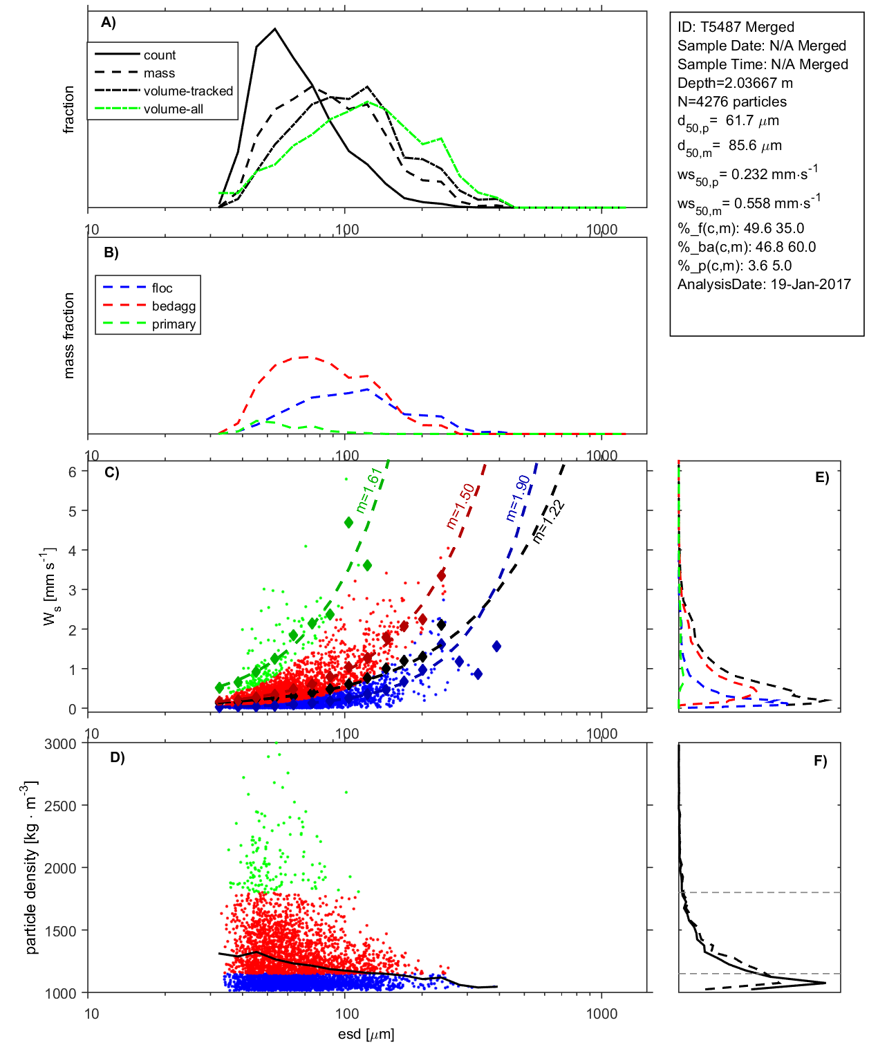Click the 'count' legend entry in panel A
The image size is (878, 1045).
[159, 55]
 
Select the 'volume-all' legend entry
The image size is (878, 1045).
[173, 109]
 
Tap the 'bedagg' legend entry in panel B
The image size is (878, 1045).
[174, 306]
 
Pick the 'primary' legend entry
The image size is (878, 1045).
[174, 324]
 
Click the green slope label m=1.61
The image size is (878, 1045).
[368, 490]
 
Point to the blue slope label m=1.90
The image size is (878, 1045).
[518, 498]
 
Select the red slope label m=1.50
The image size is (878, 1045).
[460, 507]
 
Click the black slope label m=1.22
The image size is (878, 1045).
[549, 521]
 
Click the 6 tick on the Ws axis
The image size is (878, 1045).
[72, 472]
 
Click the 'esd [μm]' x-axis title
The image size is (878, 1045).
[366, 1035]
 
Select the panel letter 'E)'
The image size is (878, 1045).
[821, 477]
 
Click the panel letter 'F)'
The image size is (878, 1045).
[820, 761]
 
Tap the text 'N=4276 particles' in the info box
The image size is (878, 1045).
[731, 102]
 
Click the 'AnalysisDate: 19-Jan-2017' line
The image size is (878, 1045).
[764, 284]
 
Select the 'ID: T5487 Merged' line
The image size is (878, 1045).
[736, 27]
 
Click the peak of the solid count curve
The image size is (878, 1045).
[275, 29]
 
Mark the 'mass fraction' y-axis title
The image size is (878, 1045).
[68, 335]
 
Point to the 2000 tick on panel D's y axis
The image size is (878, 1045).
[60, 869]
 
